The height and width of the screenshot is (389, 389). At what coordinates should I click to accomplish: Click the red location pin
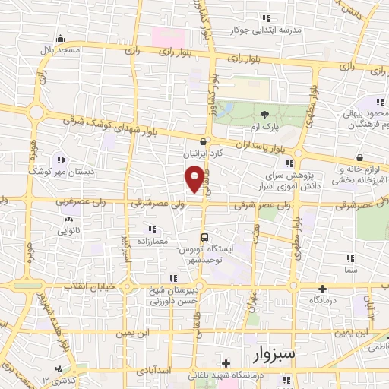pos(194,180)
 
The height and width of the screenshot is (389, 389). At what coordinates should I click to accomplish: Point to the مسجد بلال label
pos(62,49)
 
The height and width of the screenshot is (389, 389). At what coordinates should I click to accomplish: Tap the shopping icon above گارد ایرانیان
pos(203,141)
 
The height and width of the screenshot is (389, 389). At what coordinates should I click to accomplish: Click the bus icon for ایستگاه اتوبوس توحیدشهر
pos(203,237)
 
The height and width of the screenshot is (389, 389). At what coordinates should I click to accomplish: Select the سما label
pos(350,270)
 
